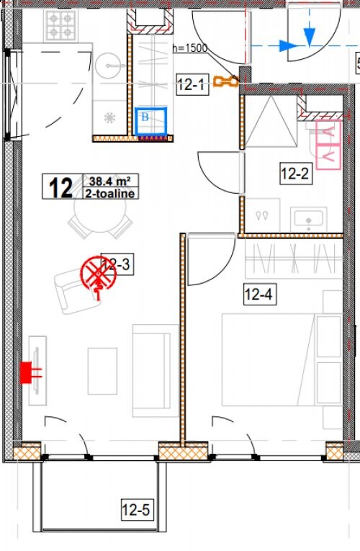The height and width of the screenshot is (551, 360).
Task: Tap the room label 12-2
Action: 295,173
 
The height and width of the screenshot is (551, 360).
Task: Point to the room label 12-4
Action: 259,294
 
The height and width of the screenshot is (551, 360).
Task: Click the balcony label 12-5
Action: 135,511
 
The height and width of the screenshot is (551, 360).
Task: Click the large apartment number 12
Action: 60,187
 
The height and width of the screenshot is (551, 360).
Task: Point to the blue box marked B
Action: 152,121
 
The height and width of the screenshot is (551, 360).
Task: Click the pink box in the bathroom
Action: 327,143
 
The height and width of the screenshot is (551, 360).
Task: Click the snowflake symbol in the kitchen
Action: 109,117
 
